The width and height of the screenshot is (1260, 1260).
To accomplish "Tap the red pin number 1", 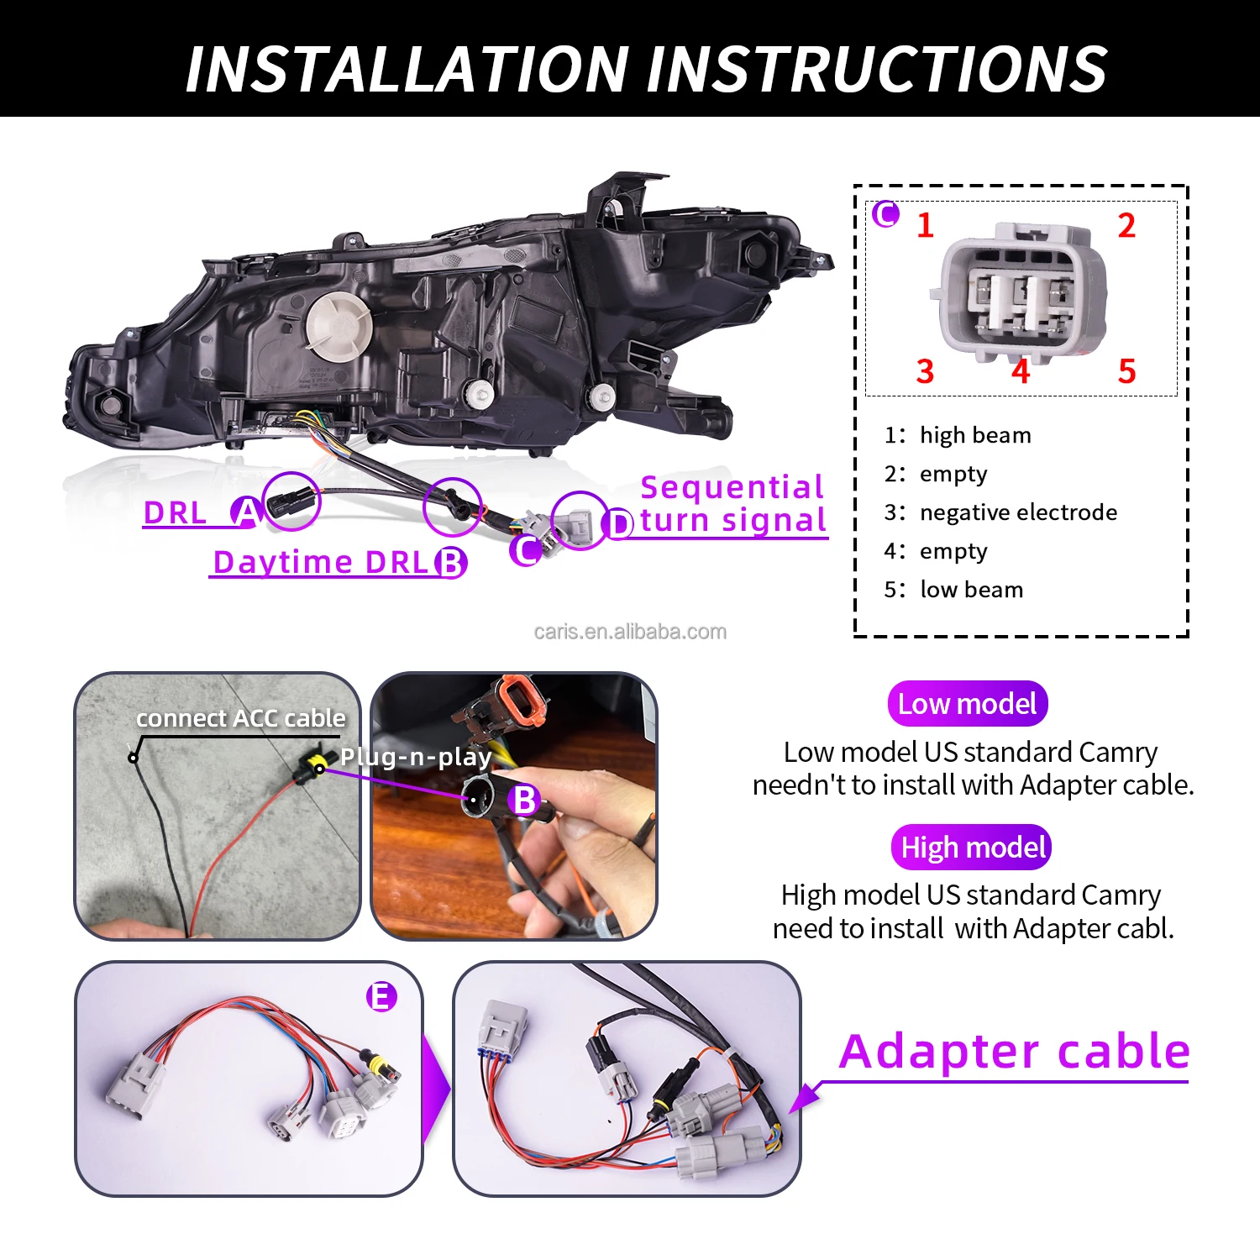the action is [925, 225].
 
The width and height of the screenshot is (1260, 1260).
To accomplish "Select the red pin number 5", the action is [1126, 371].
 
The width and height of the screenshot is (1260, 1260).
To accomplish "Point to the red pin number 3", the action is [925, 371].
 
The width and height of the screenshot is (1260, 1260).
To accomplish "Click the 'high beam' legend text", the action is [974, 435].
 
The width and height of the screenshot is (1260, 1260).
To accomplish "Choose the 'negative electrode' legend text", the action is [1018, 512].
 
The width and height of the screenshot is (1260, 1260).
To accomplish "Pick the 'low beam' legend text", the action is [971, 590].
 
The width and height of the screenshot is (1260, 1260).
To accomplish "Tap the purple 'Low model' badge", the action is [967, 704].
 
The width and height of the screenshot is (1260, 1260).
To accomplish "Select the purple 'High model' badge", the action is [972, 848].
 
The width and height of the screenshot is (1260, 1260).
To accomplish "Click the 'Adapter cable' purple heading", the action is [1014, 1052].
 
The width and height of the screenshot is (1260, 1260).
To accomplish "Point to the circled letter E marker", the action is [381, 997].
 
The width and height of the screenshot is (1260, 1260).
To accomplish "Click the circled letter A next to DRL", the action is [246, 512].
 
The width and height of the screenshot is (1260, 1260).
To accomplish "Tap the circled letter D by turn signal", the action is [619, 524].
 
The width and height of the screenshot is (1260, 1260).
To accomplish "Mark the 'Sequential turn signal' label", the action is [732, 504].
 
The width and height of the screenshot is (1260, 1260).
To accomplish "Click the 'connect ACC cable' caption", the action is [241, 718].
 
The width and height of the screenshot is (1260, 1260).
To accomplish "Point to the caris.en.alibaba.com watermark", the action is [630, 632].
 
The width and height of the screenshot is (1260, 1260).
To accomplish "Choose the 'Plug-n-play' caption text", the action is [415, 757].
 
